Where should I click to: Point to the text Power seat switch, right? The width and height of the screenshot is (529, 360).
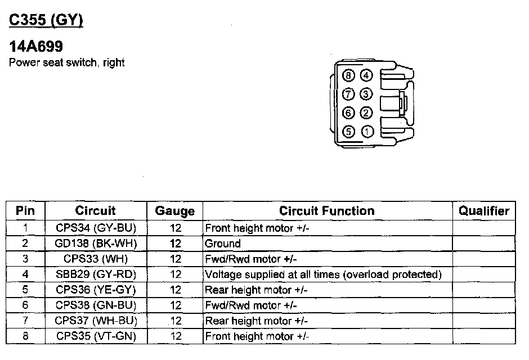pos(66,62)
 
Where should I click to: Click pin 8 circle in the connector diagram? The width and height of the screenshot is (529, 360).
pos(349,75)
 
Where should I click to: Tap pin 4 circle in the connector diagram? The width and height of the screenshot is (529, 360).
pos(366,75)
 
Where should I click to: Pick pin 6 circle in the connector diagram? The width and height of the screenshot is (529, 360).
pos(349,113)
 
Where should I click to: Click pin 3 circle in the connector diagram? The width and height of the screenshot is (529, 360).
pos(366,94)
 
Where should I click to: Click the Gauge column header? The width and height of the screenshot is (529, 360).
pos(175,211)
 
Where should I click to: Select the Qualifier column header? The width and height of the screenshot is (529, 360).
pos(483,211)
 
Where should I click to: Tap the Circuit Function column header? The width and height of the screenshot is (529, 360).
pos(326,211)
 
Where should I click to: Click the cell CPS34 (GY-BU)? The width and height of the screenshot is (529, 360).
pos(96,228)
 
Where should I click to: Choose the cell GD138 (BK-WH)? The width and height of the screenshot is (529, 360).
pos(96,244)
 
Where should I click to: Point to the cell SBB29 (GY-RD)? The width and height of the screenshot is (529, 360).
pos(96,274)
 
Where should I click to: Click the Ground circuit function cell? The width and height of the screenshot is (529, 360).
pos(223,244)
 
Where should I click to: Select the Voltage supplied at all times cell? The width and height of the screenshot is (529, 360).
pos(322,274)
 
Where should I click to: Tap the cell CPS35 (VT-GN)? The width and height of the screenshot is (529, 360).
pos(96,336)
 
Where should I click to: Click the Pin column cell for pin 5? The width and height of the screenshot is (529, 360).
pos(25,290)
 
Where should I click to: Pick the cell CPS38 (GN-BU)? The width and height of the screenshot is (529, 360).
pos(96,305)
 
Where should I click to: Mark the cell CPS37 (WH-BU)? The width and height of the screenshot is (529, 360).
pos(96,321)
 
